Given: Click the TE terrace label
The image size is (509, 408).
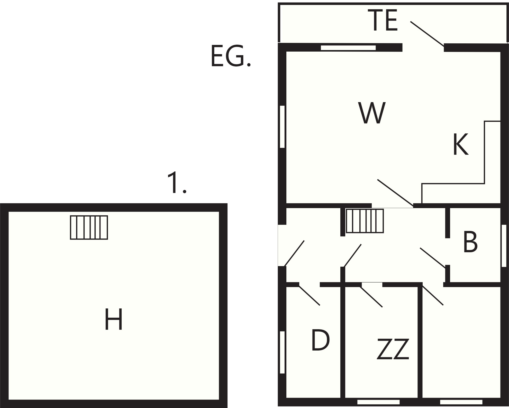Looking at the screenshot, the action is tap(383, 20).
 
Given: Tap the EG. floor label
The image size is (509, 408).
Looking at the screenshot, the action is tap(231, 56).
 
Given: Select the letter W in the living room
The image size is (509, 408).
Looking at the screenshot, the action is tap(372, 113).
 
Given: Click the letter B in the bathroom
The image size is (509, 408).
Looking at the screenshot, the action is tap(470, 242).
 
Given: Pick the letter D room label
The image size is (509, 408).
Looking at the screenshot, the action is tap(320, 340).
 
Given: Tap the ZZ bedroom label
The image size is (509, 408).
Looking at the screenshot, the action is tap(393, 349).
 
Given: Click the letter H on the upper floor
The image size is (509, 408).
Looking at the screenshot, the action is tap(114, 319).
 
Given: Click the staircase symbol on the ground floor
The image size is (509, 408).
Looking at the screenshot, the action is tap(365, 221).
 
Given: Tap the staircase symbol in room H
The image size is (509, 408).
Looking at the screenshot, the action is tap(89, 228).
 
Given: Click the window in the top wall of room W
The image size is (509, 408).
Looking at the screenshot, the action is tap(348, 48).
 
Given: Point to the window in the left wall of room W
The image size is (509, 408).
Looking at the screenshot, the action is tap(282, 127).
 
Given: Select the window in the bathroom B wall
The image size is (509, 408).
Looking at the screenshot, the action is tap(504, 246).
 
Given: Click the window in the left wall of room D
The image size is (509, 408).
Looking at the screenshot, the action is tap(282, 352).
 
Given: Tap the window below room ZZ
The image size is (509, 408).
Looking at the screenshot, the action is tap(378, 402).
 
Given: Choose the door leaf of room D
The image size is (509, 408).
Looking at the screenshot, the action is tap(309, 295).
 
